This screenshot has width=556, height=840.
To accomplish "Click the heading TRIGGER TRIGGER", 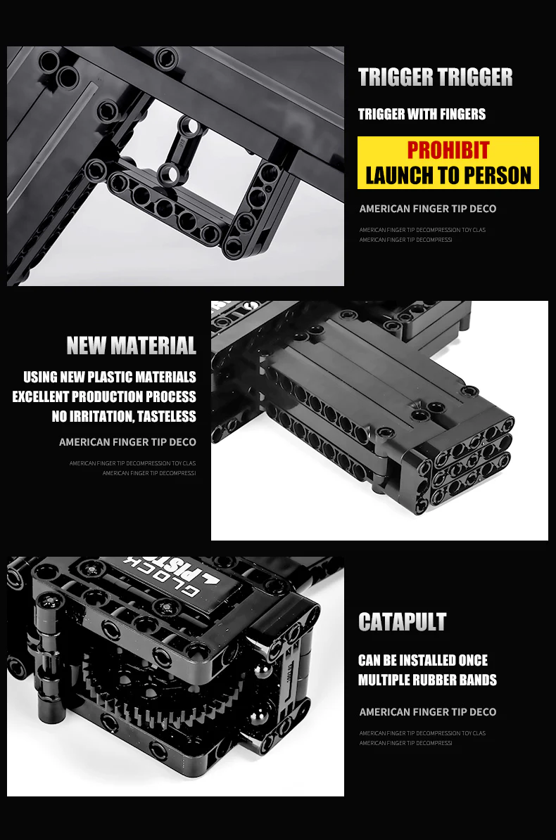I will pyautogui.click(x=435, y=77).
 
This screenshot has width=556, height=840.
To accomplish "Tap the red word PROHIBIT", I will pyautogui.click(x=448, y=150).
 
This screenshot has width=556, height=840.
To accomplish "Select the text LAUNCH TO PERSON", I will pyautogui.click(x=448, y=175).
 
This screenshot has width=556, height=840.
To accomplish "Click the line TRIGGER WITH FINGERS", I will pyautogui.click(x=422, y=114).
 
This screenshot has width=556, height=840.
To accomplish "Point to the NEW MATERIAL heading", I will pyautogui.click(x=132, y=346).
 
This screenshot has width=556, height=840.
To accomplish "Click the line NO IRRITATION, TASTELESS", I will pyautogui.click(x=124, y=416).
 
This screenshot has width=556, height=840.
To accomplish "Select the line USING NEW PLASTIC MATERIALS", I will pyautogui.click(x=110, y=377).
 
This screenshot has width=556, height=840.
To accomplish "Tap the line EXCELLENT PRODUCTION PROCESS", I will pyautogui.click(x=104, y=396).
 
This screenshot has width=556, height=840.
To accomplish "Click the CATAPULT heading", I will pyautogui.click(x=402, y=622).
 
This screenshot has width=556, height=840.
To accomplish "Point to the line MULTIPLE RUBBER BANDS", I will pyautogui.click(x=427, y=680).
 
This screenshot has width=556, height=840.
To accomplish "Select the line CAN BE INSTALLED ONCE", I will pyautogui.click(x=422, y=660).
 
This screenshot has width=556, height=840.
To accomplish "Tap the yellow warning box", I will pyautogui.click(x=448, y=163).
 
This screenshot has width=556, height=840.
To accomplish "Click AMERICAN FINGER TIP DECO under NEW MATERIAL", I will pyautogui.click(x=127, y=442).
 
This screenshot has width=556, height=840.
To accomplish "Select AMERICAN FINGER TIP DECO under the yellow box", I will pyautogui.click(x=427, y=209).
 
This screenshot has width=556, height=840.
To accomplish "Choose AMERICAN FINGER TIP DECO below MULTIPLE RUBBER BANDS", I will pyautogui.click(x=427, y=712).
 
